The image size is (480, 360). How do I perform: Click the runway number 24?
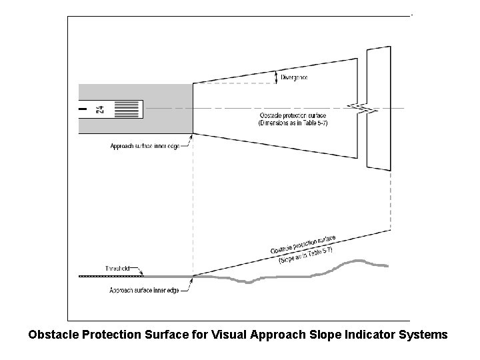click(100, 109)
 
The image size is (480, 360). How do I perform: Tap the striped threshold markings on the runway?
click(128, 109)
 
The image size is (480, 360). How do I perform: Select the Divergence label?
click(295, 78)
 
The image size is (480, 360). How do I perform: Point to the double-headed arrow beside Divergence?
click(277, 78)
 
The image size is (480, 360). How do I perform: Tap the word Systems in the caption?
click(423, 335)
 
